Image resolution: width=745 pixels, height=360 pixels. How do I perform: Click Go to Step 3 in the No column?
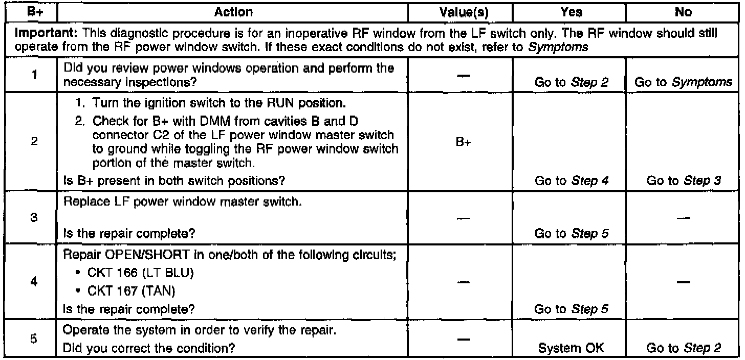point(683,180)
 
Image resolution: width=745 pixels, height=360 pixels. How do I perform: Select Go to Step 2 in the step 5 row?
point(683,348)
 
